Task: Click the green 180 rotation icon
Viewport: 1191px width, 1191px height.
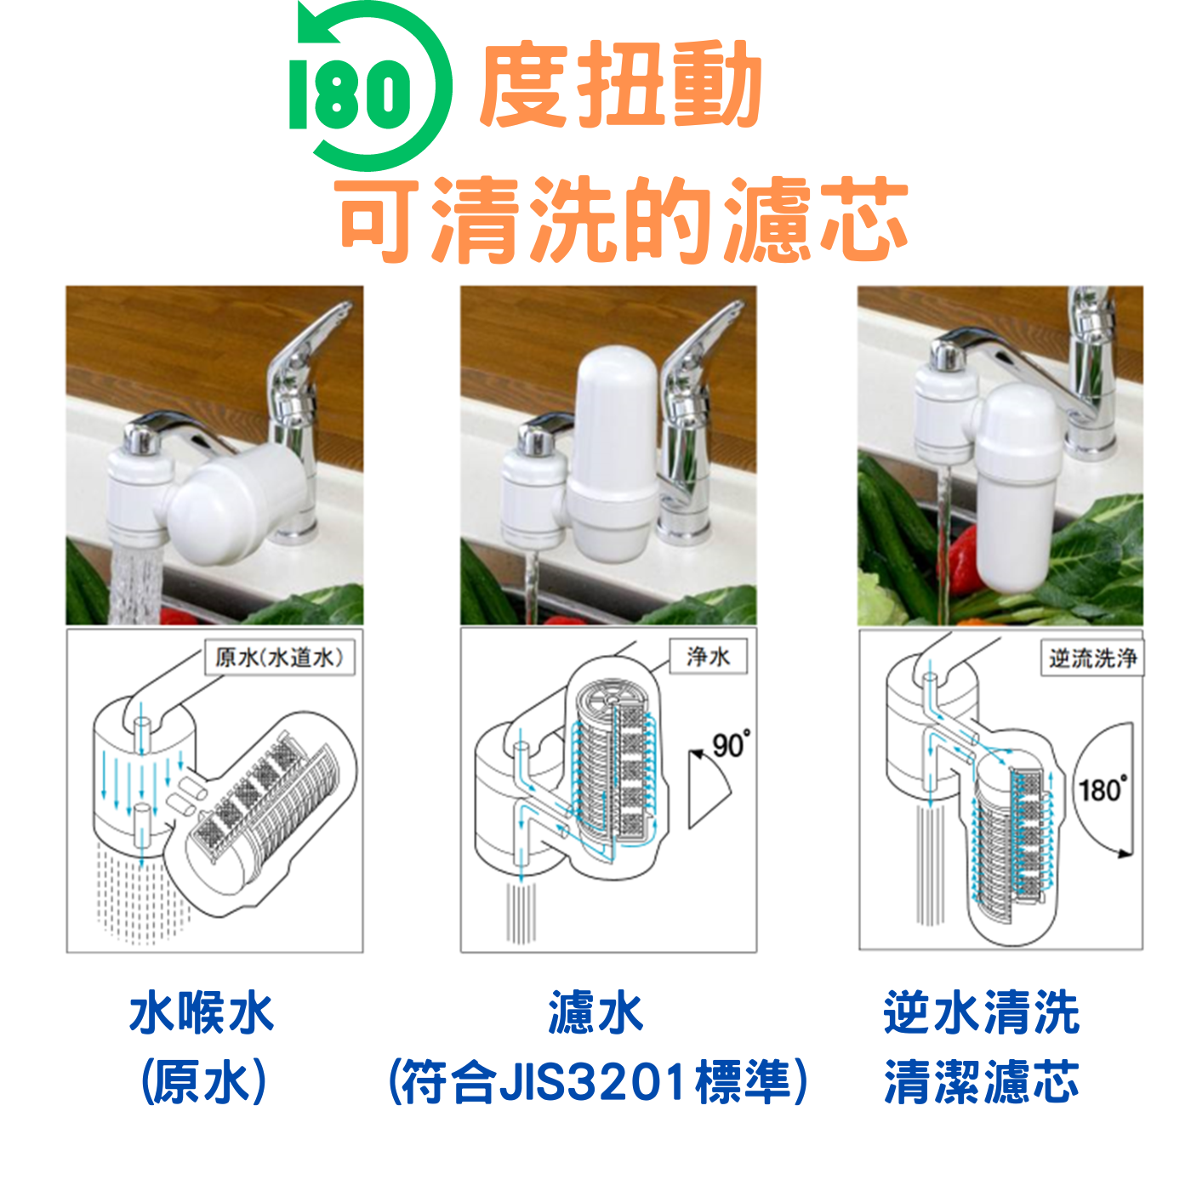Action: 369,87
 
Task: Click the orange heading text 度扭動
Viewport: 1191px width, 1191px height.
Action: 620,85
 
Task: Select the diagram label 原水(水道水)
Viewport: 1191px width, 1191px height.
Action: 279,657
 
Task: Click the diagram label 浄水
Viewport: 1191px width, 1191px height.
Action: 709,656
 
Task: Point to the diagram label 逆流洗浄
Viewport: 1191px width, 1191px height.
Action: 1092,658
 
